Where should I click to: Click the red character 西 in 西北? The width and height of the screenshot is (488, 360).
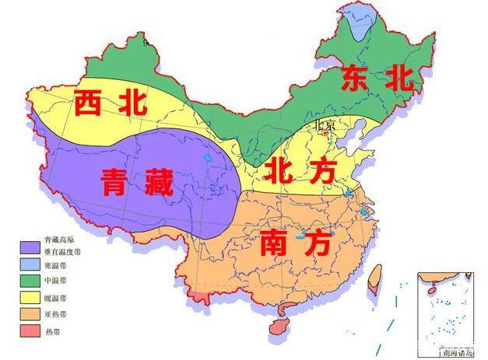pos(90,103)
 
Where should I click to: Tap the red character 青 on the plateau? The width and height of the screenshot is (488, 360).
pos(118,183)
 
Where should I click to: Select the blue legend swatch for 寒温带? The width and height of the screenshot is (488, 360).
pos(29,265)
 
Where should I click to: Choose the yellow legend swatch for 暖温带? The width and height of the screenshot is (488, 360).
pos(29,298)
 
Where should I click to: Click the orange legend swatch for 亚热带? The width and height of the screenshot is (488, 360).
pos(29,314)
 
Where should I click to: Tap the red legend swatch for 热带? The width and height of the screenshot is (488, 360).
pos(29,330)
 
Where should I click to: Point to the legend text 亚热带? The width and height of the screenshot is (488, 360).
pos(56,314)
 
